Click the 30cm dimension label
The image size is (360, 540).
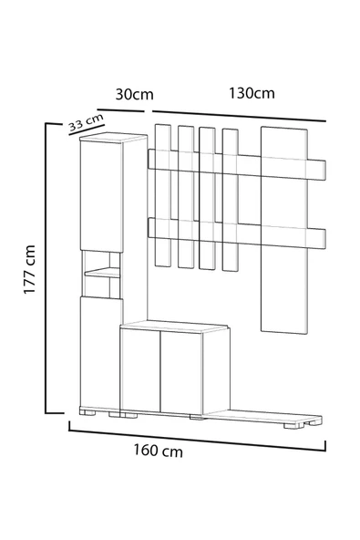click(x=134, y=94)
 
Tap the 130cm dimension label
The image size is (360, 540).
click(x=252, y=93)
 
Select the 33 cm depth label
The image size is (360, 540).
click(x=86, y=122)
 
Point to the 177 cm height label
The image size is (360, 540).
click(x=29, y=269)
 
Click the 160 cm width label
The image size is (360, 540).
click(x=159, y=451)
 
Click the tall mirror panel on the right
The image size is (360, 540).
click(x=284, y=230)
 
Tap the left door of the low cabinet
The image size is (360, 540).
click(x=140, y=369)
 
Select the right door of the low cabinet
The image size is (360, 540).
click(x=181, y=373)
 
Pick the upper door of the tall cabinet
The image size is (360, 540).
click(x=101, y=195)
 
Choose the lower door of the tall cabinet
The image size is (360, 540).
click(x=100, y=352)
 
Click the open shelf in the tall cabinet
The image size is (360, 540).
click(x=102, y=273)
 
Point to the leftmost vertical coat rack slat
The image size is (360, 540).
click(x=163, y=195)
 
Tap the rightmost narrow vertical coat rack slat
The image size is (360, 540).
click(x=230, y=200)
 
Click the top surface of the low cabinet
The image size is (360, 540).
click(x=174, y=327)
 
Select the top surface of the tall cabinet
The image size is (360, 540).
click(x=113, y=138)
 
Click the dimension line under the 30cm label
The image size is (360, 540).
click(x=120, y=110)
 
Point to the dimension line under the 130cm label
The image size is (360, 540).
click(x=239, y=116)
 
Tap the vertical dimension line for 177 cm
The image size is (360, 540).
click(x=46, y=268)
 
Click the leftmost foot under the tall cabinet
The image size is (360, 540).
click(x=87, y=412)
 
